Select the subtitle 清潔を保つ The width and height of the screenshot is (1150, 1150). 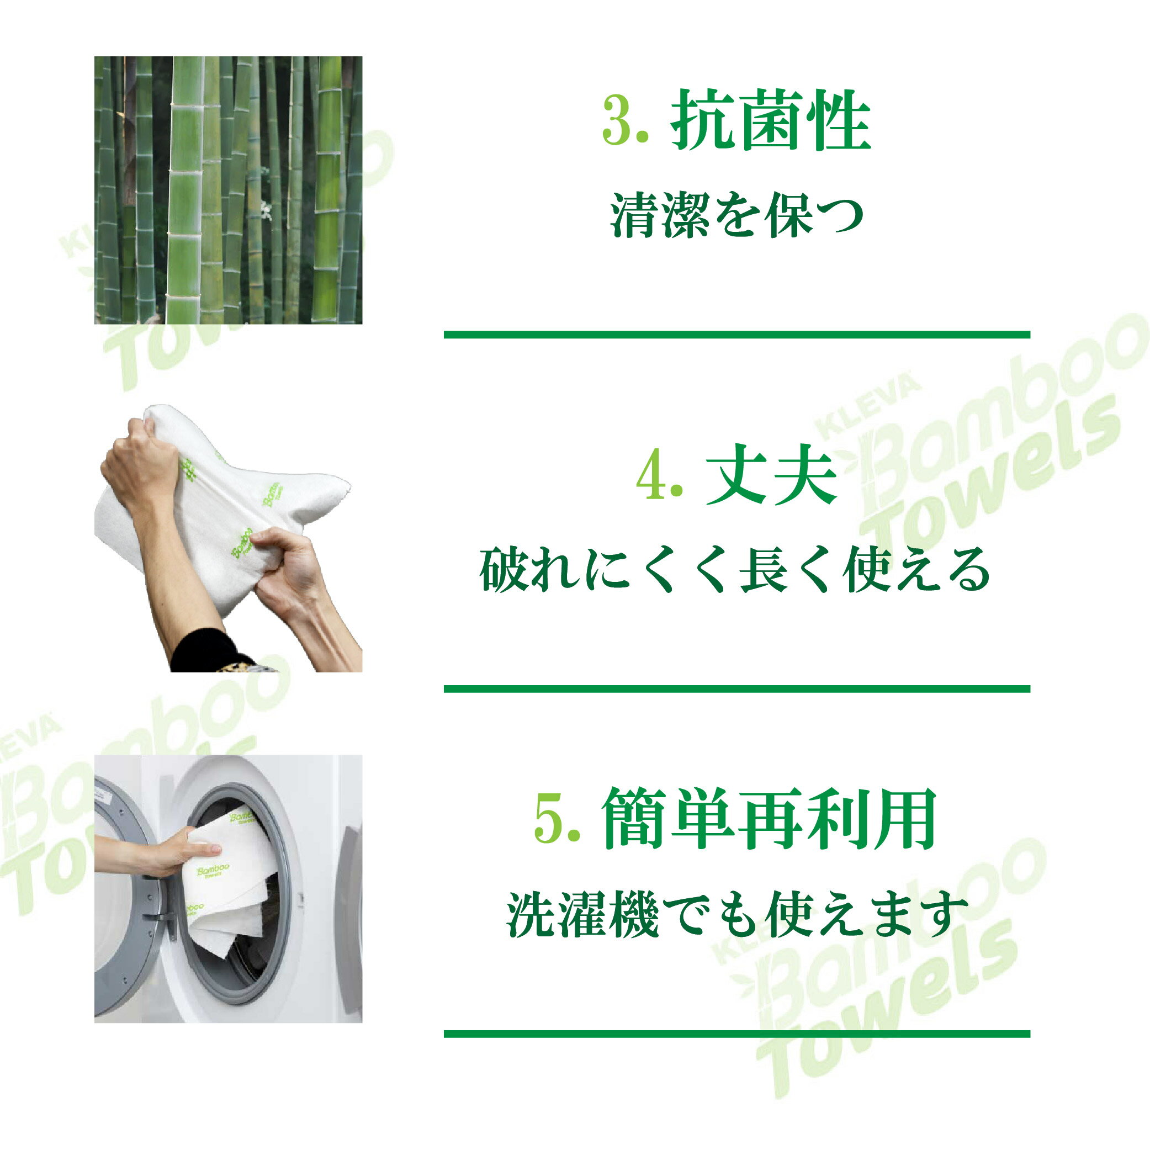(x=736, y=216)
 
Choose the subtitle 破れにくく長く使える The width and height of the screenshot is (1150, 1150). (x=736, y=571)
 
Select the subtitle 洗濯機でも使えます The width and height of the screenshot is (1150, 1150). (x=736, y=915)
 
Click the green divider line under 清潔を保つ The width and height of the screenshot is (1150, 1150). (x=737, y=335)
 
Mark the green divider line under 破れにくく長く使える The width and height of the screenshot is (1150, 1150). (x=737, y=688)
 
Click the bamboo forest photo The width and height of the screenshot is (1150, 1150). (x=228, y=190)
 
